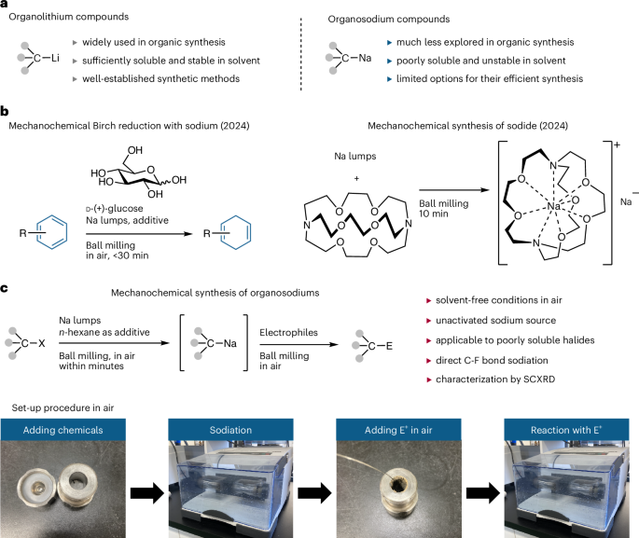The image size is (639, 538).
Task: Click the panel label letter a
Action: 7,7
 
